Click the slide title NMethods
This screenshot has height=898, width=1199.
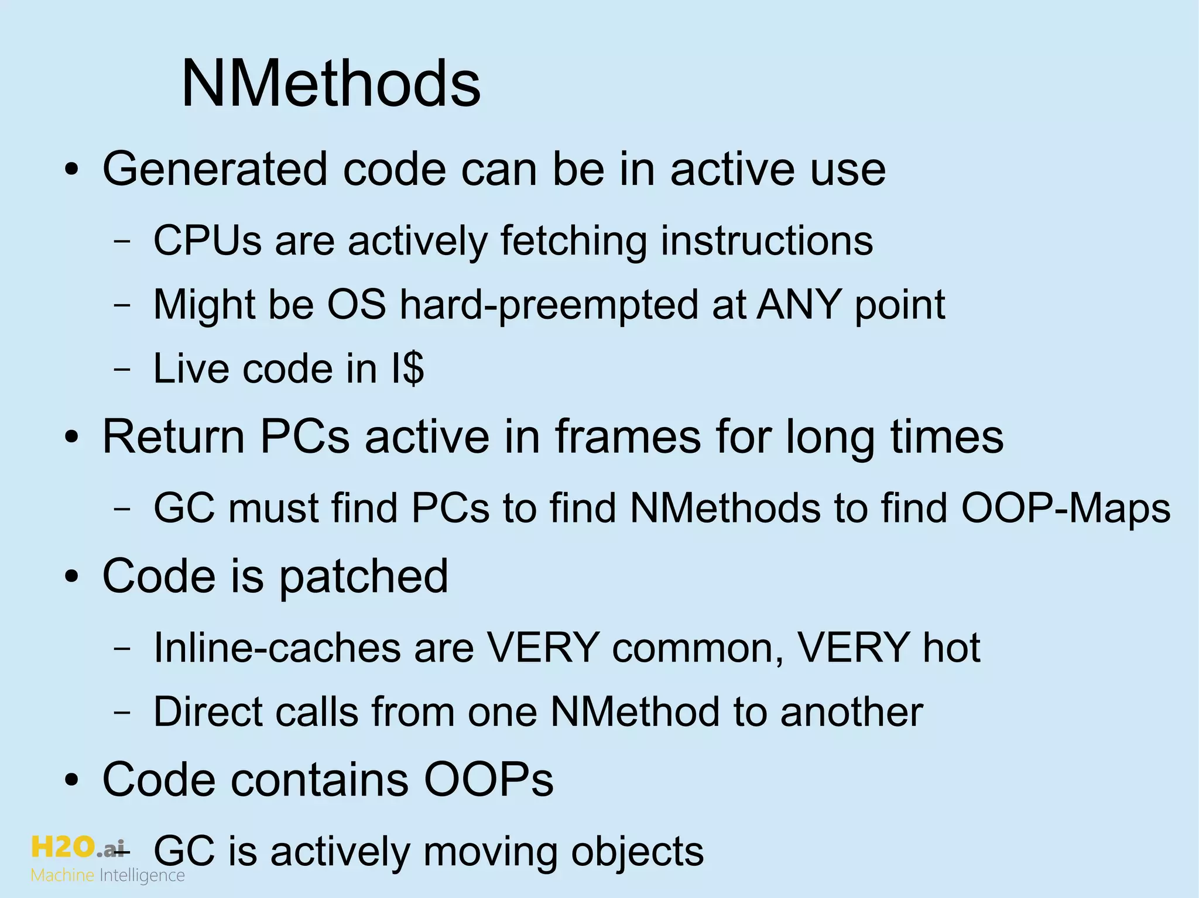click(x=331, y=85)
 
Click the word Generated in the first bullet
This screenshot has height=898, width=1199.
click(x=215, y=170)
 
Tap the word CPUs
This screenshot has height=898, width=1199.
click(x=207, y=240)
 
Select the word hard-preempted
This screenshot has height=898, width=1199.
click(x=549, y=305)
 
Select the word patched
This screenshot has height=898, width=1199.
click(x=363, y=576)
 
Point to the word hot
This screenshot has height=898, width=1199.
click(x=951, y=648)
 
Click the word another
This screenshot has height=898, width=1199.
click(x=851, y=712)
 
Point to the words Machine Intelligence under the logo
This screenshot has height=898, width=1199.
click(x=108, y=876)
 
